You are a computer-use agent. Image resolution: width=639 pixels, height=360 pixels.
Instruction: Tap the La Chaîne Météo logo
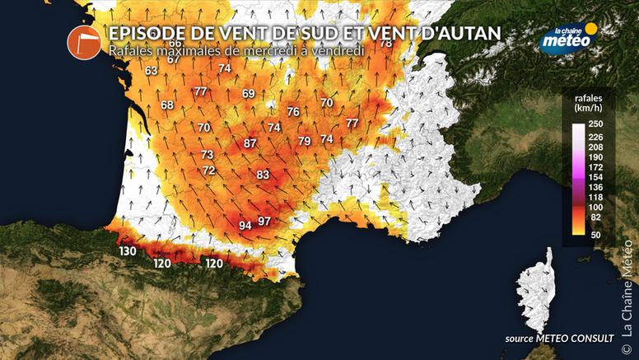[x=568, y=37]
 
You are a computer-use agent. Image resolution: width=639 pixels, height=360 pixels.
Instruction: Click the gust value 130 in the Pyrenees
[x=127, y=251]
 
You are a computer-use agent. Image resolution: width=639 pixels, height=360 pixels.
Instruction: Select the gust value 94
[x=245, y=225]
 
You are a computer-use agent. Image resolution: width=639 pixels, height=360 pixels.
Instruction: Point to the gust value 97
[x=264, y=221]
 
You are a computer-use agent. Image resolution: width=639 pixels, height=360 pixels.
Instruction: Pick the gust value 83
[x=263, y=175]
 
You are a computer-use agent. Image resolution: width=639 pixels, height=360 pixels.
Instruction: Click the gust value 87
[x=250, y=143]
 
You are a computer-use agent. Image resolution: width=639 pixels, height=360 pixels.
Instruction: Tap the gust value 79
[x=305, y=142]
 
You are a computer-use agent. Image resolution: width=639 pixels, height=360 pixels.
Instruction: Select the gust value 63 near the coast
[x=151, y=71]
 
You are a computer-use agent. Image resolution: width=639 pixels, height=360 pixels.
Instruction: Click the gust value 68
[x=167, y=105]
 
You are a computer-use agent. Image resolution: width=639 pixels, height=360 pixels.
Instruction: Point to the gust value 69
[x=249, y=94]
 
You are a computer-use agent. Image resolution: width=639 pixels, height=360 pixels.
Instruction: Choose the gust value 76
[x=293, y=111]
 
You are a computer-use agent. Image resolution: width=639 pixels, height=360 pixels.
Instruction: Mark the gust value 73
[x=207, y=155]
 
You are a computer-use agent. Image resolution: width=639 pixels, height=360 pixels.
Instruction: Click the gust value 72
[x=209, y=171]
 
